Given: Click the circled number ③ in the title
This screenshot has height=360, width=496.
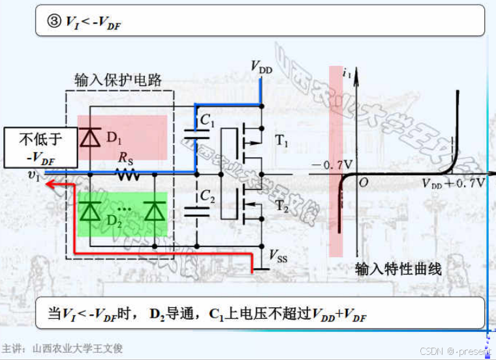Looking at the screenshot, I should coord(54,21).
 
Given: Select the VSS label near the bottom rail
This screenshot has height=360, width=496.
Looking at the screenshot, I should coord(278,257).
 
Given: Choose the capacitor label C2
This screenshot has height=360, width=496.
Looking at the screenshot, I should coord(207,195).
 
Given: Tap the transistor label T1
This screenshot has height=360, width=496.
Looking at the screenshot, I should coord(281,140).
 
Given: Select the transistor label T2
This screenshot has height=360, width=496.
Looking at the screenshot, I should coord(281,207).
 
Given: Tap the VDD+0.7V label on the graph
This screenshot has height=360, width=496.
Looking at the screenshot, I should coord(453,183).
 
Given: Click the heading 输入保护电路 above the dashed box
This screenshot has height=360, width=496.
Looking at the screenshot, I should coord(118,80).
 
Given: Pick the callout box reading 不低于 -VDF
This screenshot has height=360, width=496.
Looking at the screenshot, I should coord(40,148).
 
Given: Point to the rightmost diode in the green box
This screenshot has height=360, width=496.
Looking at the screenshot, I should coord(154,213).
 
